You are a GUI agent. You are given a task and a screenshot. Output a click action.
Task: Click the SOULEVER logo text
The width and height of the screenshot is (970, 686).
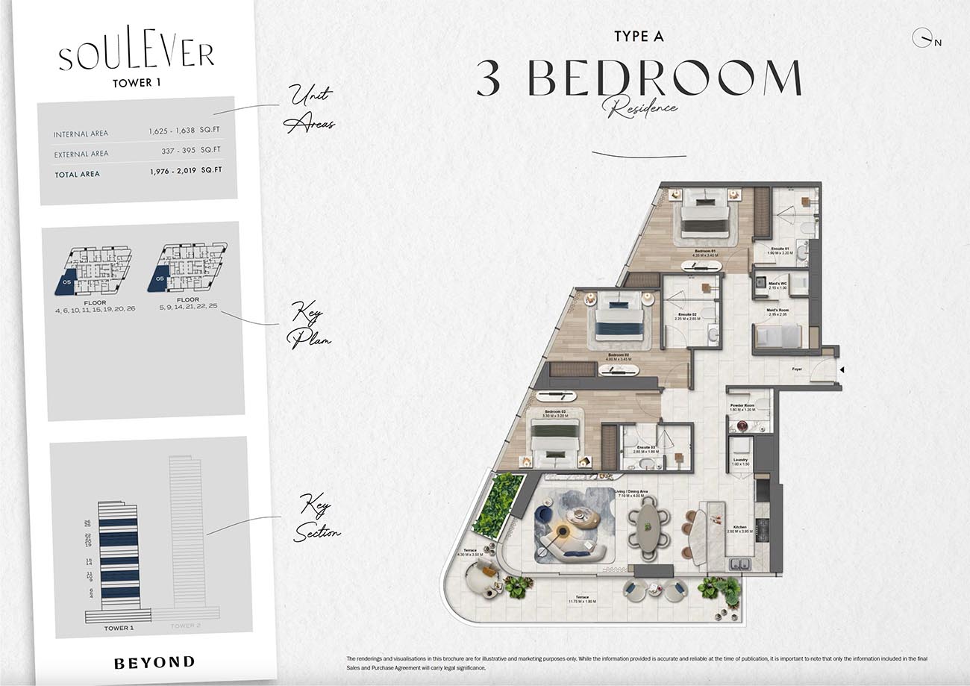pyautogui.click(x=137, y=55)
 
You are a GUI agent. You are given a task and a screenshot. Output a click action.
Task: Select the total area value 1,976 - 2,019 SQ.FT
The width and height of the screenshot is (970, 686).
pyautogui.click(x=184, y=171)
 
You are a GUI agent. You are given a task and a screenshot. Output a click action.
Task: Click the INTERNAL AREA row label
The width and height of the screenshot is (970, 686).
pyautogui.click(x=81, y=134)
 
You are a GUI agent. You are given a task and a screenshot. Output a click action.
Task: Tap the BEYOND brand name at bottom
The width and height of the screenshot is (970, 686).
pyautogui.click(x=154, y=661)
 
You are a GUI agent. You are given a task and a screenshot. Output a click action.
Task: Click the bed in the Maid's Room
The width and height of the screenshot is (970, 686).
pyautogui.click(x=777, y=335)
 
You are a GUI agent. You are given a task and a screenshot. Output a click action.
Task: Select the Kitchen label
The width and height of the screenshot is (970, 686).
pyautogui.click(x=739, y=527)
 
